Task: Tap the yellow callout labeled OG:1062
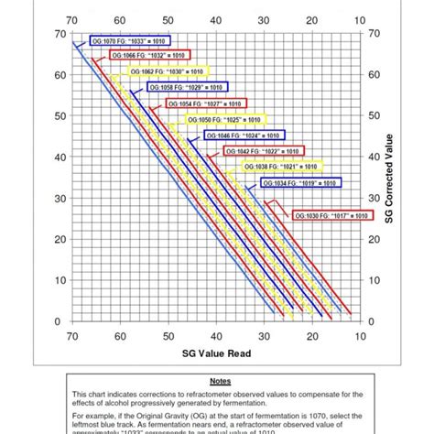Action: tap(165, 71)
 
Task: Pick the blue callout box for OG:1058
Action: tap(183, 88)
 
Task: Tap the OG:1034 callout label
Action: tap(299, 183)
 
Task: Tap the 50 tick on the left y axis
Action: tap(60, 116)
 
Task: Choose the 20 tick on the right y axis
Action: tap(373, 240)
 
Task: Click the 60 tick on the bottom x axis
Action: tap(120, 337)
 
